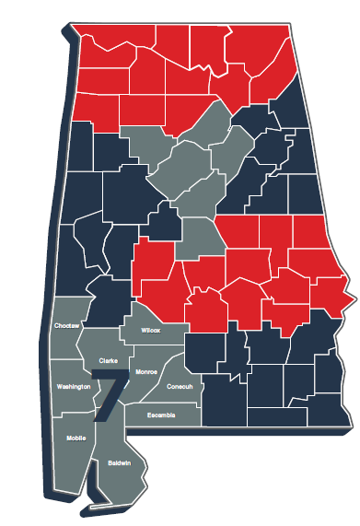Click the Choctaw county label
[x=67, y=326]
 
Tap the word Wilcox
[x=150, y=330]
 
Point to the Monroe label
[x=146, y=371]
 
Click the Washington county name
[x=74, y=387]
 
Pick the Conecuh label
[x=180, y=386]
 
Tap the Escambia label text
[x=162, y=415]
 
